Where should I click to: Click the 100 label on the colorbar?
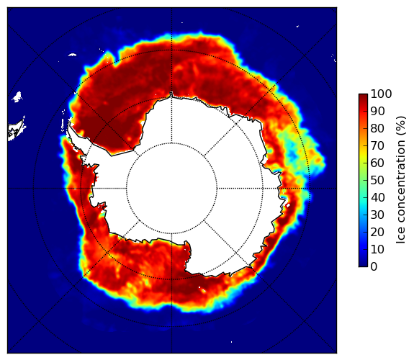click(x=381, y=94)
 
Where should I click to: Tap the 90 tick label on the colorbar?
click(x=377, y=111)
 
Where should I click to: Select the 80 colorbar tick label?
click(x=377, y=129)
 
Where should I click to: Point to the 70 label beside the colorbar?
click(x=377, y=145)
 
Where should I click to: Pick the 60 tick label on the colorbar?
click(x=377, y=163)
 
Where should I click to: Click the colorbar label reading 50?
click(x=377, y=181)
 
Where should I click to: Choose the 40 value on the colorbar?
click(x=377, y=197)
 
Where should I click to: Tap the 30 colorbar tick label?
click(x=377, y=215)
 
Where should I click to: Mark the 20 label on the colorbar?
click(x=377, y=232)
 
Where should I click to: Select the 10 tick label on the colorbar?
click(x=377, y=249)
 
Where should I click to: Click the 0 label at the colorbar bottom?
click(x=374, y=267)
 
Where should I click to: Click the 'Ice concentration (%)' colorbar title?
click(x=401, y=180)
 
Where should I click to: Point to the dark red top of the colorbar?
click(x=363, y=96)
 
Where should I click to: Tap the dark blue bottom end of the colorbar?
click(x=363, y=265)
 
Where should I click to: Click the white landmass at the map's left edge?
click(x=16, y=130)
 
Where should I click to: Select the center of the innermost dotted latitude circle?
click(x=171, y=189)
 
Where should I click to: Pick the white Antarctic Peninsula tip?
click(x=69, y=124)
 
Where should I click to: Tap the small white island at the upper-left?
click(x=17, y=96)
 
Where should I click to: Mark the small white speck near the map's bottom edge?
click(x=232, y=342)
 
